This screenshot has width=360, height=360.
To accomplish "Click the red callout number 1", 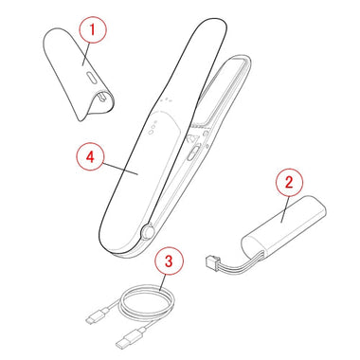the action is [x=92, y=29].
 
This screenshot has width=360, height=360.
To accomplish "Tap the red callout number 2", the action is [x=289, y=183].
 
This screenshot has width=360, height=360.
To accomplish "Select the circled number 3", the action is [x=169, y=261].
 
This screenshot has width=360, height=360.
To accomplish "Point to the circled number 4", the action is [x=90, y=156].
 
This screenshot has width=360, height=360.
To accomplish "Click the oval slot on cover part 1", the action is [x=91, y=78].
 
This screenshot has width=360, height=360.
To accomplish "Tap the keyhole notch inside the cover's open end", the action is [x=101, y=98].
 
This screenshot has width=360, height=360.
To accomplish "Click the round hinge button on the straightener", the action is [x=147, y=231].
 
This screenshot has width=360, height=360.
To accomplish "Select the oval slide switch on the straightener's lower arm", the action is [x=193, y=152].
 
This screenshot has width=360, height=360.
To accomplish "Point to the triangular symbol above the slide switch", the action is [x=192, y=138].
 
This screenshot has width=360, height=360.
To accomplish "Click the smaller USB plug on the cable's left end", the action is [x=96, y=316].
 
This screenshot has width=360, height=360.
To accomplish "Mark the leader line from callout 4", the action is [x=120, y=169].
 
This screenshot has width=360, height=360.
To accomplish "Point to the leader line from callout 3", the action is [x=163, y=282].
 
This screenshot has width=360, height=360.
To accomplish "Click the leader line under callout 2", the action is [x=284, y=208].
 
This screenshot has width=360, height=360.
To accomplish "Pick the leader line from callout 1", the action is [x=86, y=54].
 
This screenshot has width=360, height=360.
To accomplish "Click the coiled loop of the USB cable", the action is [x=147, y=303].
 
